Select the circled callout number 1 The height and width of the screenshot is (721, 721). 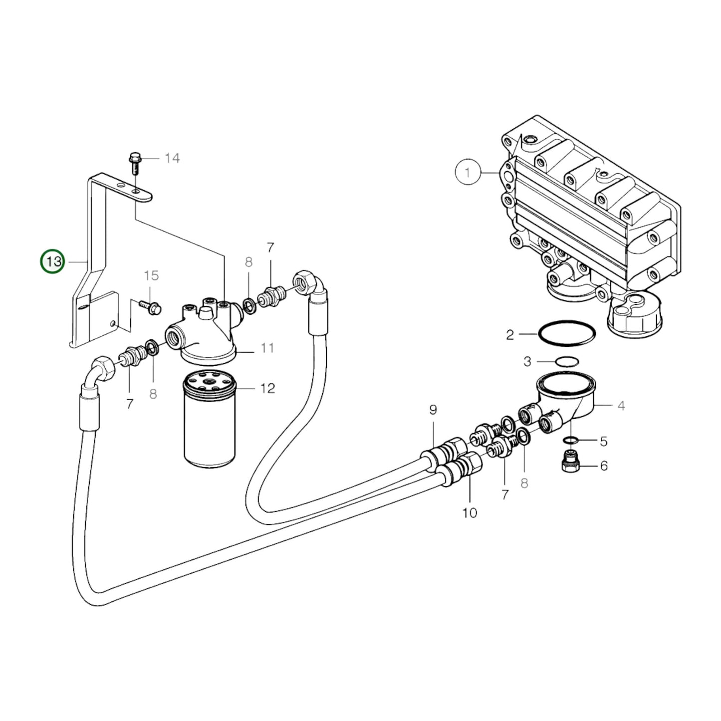click(468, 173)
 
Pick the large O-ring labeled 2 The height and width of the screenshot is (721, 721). click(567, 333)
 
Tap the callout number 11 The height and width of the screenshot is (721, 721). click(267, 348)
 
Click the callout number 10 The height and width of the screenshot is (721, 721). click(470, 512)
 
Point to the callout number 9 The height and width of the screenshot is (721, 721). click(433, 410)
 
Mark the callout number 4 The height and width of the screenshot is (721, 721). click(621, 406)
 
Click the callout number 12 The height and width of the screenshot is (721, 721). click(267, 388)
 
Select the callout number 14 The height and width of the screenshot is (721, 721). click(172, 158)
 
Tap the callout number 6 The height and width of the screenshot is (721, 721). click(604, 466)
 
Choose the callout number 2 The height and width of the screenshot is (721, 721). click(510, 334)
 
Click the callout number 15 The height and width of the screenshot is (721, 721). click(151, 275)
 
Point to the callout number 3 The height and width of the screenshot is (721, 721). click(527, 361)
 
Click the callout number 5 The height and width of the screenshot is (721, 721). click(604, 441)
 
